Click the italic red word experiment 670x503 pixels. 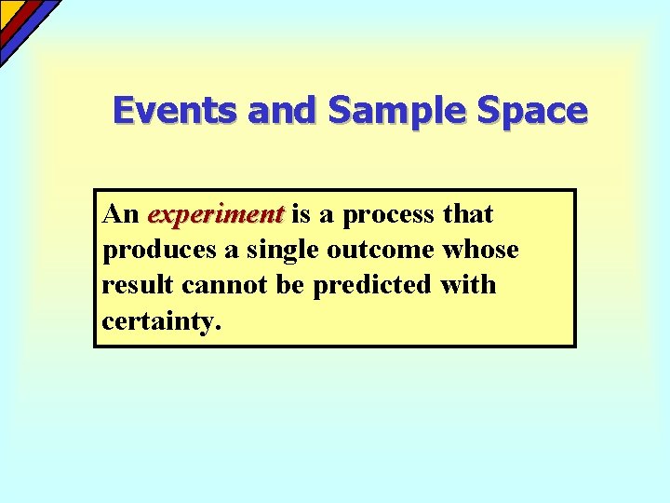[x=215, y=215]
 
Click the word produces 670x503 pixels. [x=149, y=251]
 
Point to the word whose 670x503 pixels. [x=481, y=250]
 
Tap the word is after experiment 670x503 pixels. [x=301, y=215]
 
